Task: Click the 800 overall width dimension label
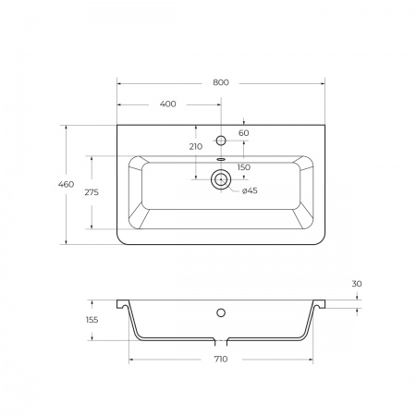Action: point(221,82)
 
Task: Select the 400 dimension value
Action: point(168,104)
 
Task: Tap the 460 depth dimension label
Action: point(66,184)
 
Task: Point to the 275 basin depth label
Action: point(92,192)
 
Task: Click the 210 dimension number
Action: point(196,147)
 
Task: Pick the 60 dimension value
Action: point(244,133)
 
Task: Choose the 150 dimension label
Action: point(244,167)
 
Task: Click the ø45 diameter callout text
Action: point(250,190)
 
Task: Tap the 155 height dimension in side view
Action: point(92,320)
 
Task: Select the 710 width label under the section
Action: point(221,359)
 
